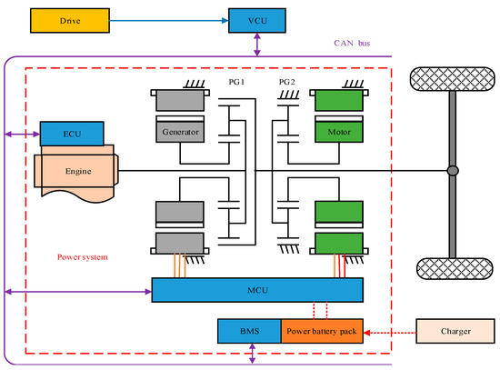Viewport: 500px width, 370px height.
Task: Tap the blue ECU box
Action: click(75, 134)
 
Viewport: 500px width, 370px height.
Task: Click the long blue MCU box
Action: click(257, 291)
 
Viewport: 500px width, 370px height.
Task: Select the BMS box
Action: click(249, 331)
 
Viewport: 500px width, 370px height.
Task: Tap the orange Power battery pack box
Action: click(322, 331)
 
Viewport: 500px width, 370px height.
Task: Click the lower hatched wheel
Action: click(451, 270)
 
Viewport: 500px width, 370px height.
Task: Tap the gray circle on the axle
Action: click(452, 171)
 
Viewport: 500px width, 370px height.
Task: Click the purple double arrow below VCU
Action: click(258, 43)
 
